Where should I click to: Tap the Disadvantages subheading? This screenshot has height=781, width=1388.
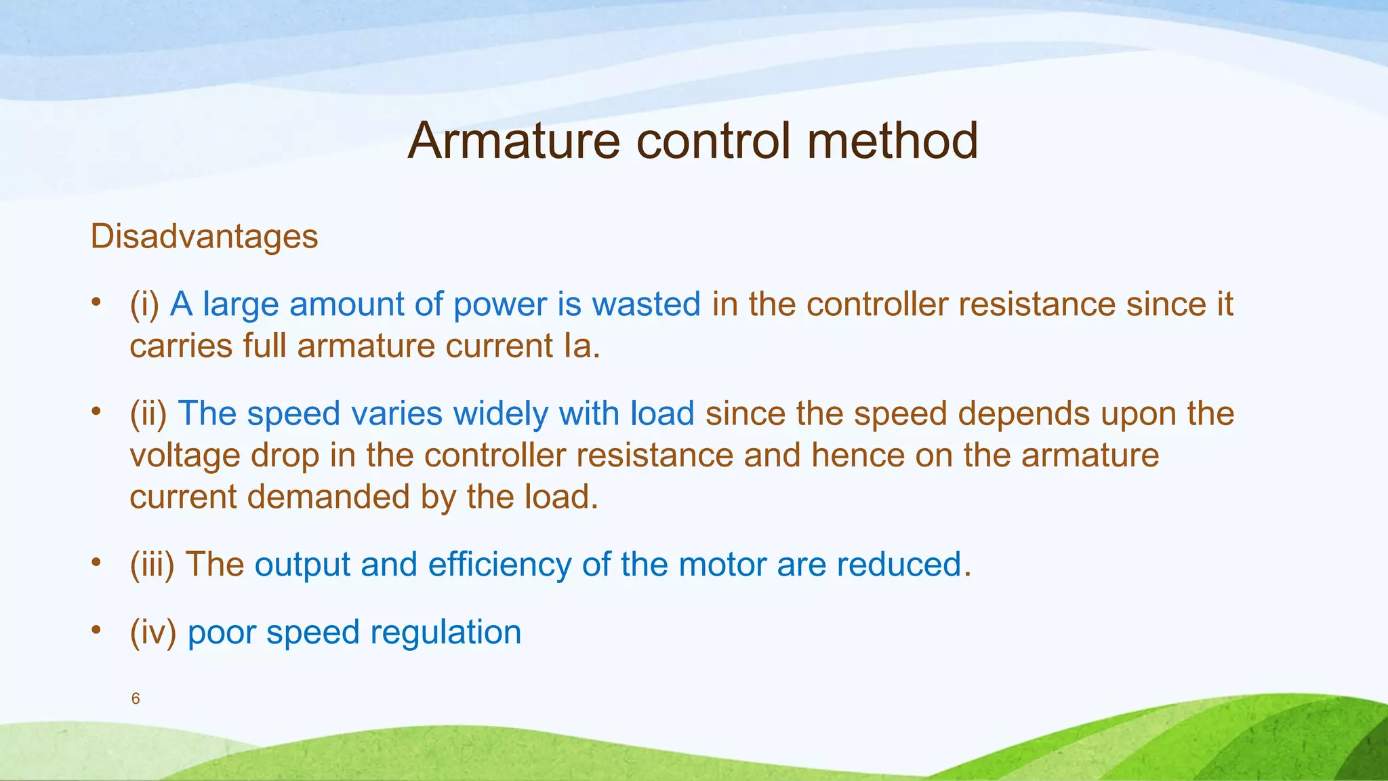click(x=204, y=237)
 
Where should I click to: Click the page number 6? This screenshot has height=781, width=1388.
click(x=136, y=699)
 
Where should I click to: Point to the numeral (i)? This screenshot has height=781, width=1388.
click(x=144, y=304)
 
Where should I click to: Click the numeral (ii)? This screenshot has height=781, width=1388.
click(x=148, y=414)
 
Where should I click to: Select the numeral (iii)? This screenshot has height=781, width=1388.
click(x=152, y=564)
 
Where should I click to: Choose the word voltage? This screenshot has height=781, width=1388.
click(x=184, y=456)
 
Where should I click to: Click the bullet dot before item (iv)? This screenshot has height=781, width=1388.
click(x=97, y=630)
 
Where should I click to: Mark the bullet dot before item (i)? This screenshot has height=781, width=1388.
click(x=97, y=302)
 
